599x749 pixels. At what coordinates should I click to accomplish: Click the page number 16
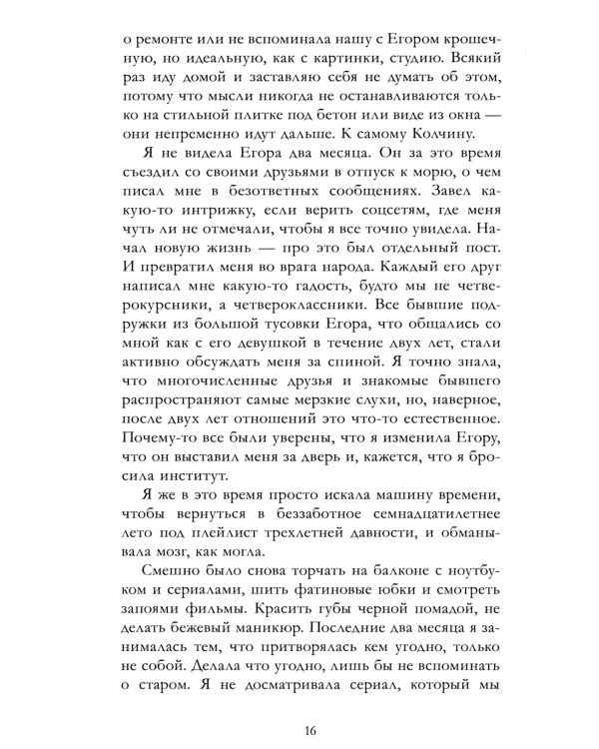pos(299,712)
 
